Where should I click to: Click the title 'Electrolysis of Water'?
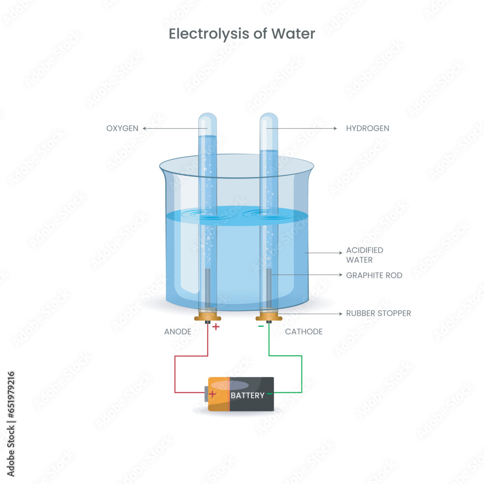[242, 34]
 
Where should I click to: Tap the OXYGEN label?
[122, 128]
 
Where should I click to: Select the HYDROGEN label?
[367, 128]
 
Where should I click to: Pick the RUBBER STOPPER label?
[378, 313]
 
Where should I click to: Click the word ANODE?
[178, 332]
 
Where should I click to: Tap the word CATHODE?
[303, 332]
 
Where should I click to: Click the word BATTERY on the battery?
[247, 395]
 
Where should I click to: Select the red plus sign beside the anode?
[216, 327]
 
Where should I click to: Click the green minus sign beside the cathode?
[261, 326]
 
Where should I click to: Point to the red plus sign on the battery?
[212, 394]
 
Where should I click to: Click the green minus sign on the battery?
[270, 394]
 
